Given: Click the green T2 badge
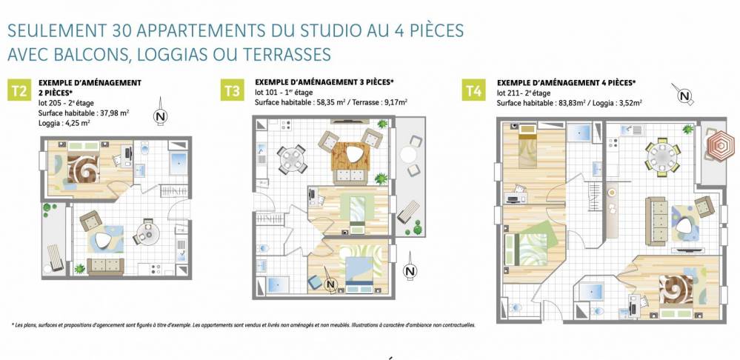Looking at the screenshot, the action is tap(19, 90).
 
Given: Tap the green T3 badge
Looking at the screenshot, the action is tap(232, 90).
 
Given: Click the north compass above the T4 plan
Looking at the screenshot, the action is tap(684, 95).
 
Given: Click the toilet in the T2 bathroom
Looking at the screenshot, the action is tap(145, 150).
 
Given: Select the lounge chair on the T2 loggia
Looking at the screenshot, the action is tap(55, 257).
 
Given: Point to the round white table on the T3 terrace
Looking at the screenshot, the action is tap(408, 154).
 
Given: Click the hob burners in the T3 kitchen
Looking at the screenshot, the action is tap(285, 125).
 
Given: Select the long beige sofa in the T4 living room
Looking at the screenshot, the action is tap(656, 221).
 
